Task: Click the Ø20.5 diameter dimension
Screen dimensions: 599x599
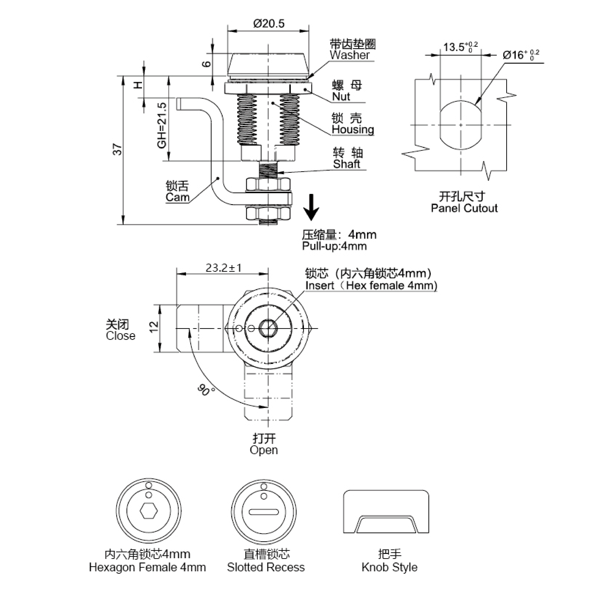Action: coord(268,24)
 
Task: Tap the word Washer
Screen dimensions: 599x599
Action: coord(349,55)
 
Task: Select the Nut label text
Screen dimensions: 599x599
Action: coord(341,97)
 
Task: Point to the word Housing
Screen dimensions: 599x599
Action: coord(353,130)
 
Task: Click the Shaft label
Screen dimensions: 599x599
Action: coord(346,164)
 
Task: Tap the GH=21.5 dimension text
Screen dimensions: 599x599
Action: coord(162,126)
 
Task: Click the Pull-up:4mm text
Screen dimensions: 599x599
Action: coord(334,246)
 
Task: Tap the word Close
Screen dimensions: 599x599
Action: coord(121,336)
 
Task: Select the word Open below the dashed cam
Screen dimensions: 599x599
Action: coord(264,450)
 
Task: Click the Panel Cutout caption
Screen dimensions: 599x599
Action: coord(464,208)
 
